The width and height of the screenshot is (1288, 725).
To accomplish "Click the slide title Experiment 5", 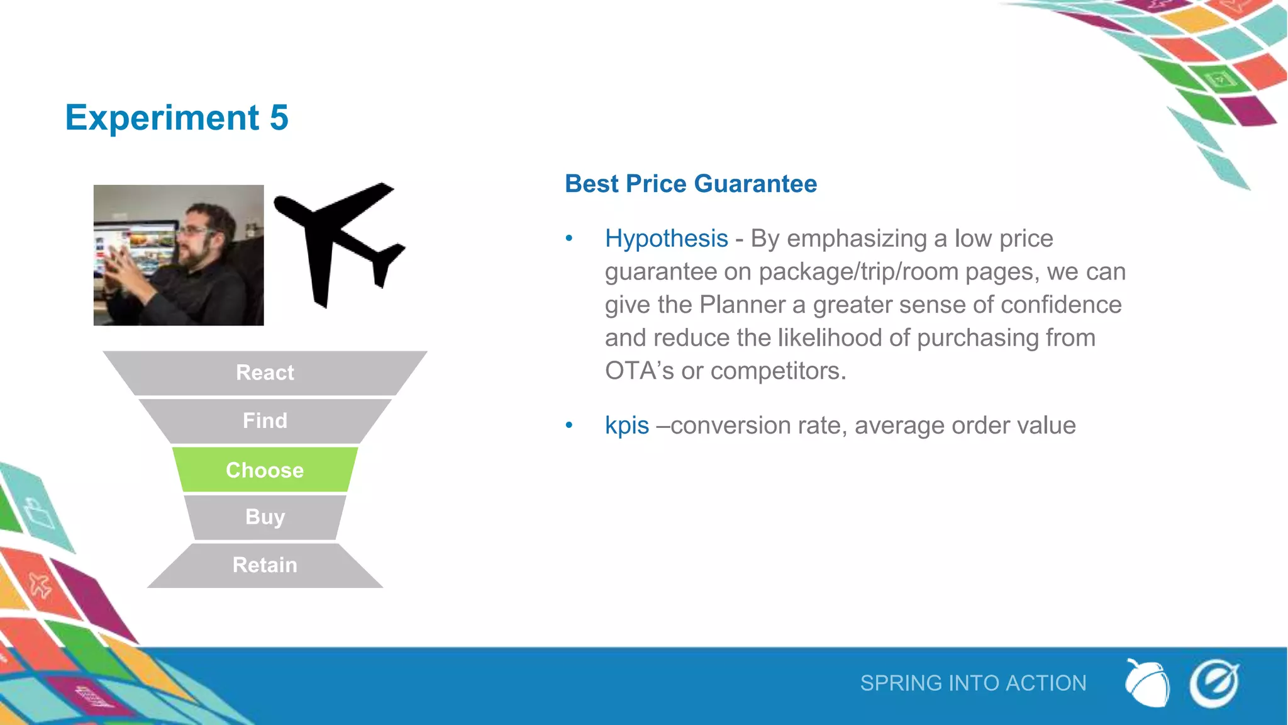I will click(177, 118).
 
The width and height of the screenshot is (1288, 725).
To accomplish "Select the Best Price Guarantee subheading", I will click(691, 184).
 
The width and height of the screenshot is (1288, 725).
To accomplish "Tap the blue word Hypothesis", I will click(666, 239).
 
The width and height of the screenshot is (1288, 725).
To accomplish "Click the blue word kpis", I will click(626, 425).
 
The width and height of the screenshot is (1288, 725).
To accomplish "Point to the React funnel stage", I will click(265, 373).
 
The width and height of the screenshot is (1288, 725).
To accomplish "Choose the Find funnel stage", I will click(265, 420).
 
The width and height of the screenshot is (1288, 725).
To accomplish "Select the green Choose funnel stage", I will click(265, 469).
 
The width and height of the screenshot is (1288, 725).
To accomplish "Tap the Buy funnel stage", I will click(265, 517).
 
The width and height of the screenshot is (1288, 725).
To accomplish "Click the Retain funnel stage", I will click(265, 565).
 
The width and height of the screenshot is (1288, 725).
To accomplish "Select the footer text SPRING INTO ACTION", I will click(973, 683).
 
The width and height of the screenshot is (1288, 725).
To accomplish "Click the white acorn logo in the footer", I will click(1147, 683).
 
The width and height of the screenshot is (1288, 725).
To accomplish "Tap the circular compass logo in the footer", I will click(1214, 683).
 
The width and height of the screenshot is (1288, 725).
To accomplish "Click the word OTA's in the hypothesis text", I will click(639, 371).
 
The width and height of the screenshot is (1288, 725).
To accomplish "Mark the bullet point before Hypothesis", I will click(569, 239).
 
